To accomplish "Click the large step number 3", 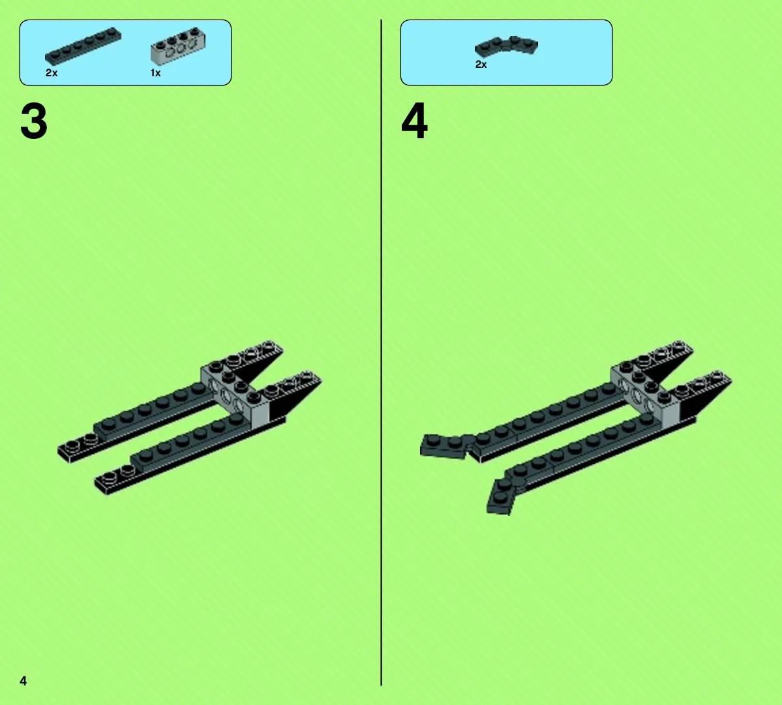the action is click(x=34, y=122).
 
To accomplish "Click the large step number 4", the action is click(x=414, y=121).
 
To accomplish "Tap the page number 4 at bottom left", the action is click(x=23, y=681).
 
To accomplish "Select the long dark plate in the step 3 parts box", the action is click(x=83, y=46).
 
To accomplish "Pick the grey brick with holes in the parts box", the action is click(x=178, y=47).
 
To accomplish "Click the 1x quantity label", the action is click(x=156, y=73).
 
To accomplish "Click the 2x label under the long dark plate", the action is click(x=52, y=73).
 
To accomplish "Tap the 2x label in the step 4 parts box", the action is click(x=481, y=65).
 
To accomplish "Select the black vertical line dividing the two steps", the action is click(x=382, y=352).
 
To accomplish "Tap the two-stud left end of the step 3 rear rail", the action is click(x=78, y=445).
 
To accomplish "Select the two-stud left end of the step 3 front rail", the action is click(x=115, y=479).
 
